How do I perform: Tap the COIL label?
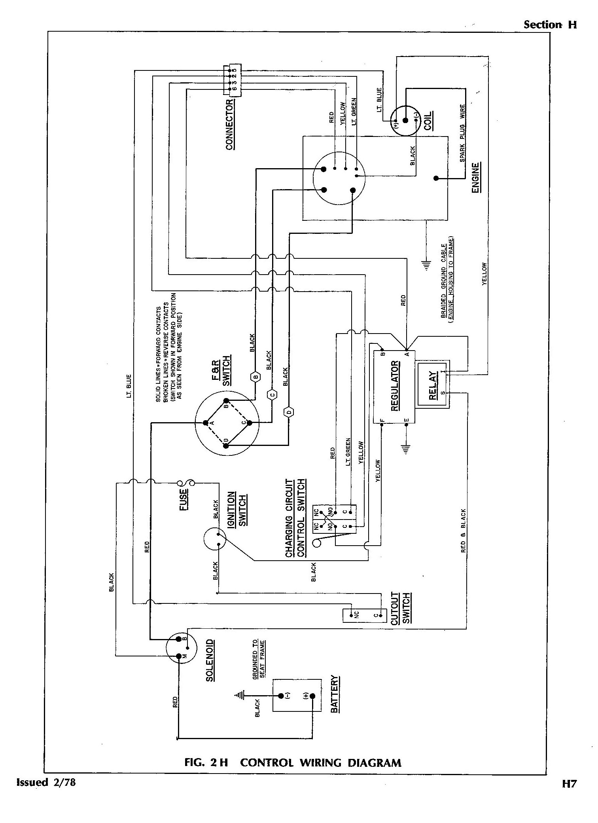tap(428, 121)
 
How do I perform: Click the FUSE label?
tap(184, 500)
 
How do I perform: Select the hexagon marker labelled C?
tap(272, 394)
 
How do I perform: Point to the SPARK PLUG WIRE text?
tap(462, 133)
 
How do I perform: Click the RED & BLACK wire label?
tap(463, 530)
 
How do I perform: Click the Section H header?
tap(550, 25)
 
